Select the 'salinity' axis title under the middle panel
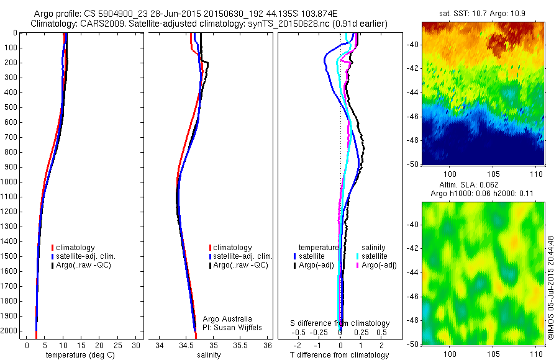pyautogui.click(x=209, y=355)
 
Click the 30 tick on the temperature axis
pyautogui.click(x=137, y=346)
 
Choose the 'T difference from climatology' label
pyautogui.click(x=340, y=355)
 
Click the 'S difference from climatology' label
pyautogui.click(x=340, y=323)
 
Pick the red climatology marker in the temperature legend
pyautogui.click(x=53, y=248)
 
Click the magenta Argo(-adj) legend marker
pyautogui.click(x=358, y=265)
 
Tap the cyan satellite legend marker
pyautogui.click(x=358, y=256)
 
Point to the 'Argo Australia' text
pyautogui.click(x=227, y=318)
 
